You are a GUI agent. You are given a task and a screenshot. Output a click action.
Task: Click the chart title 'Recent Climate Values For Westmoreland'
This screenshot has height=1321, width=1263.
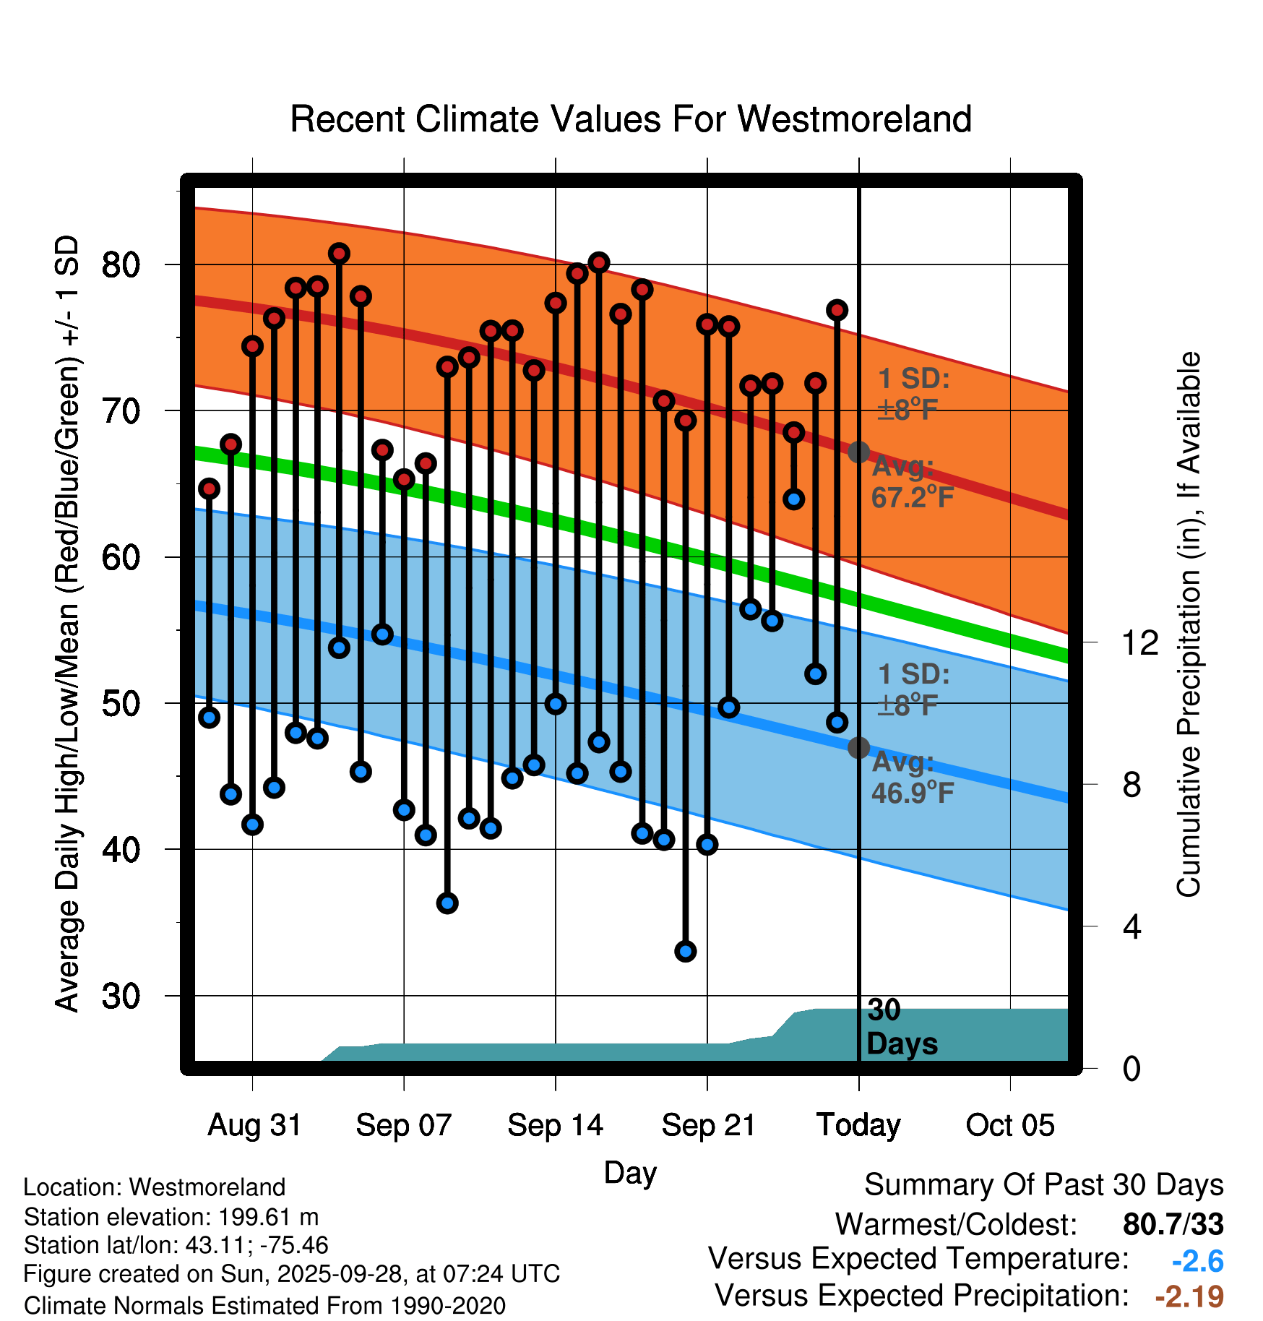pyautogui.click(x=630, y=119)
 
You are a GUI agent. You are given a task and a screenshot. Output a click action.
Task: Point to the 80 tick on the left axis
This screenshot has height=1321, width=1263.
pyautogui.click(x=121, y=265)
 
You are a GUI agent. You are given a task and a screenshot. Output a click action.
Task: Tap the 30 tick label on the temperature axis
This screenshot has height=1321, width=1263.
pyautogui.click(x=121, y=997)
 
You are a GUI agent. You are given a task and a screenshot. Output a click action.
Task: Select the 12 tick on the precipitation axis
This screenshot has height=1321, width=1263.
pyautogui.click(x=1139, y=642)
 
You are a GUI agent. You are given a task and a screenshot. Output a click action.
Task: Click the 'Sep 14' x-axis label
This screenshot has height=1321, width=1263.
pyautogui.click(x=555, y=1125)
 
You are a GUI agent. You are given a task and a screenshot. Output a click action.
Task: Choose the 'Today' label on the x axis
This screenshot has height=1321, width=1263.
pyautogui.click(x=858, y=1125)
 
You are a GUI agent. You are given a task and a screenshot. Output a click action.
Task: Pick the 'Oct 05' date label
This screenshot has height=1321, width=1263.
pyautogui.click(x=1010, y=1125)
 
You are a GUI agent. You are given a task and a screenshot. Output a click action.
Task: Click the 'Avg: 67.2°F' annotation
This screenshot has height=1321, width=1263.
pyautogui.click(x=912, y=482)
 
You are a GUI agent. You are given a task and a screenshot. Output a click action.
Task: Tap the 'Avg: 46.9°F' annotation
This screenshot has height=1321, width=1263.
pyautogui.click(x=912, y=778)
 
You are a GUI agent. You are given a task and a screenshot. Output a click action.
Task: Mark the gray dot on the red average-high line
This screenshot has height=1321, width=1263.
pyautogui.click(x=858, y=452)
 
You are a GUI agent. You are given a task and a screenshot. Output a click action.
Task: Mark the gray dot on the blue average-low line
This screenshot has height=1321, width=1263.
pyautogui.click(x=858, y=747)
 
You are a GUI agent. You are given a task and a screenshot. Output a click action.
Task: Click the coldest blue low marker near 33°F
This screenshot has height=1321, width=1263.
pyautogui.click(x=686, y=951)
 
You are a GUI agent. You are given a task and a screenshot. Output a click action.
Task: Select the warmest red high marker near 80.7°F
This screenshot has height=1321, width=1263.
pyautogui.click(x=339, y=254)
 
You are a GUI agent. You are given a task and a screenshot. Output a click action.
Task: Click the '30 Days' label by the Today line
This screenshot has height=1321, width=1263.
pyautogui.click(x=901, y=1027)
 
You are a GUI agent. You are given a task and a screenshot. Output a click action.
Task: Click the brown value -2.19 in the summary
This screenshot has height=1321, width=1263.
pyautogui.click(x=1189, y=1296)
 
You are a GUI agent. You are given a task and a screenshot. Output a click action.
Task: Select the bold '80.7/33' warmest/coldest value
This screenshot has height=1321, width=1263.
pyautogui.click(x=1173, y=1224)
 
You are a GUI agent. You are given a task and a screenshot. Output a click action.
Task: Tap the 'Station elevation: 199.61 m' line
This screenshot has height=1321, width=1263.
pyautogui.click(x=171, y=1217)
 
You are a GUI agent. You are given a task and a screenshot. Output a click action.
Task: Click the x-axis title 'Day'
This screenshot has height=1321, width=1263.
pyautogui.click(x=630, y=1172)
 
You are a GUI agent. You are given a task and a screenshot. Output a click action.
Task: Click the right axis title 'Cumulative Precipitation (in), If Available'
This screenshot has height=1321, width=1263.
pyautogui.click(x=1189, y=625)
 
